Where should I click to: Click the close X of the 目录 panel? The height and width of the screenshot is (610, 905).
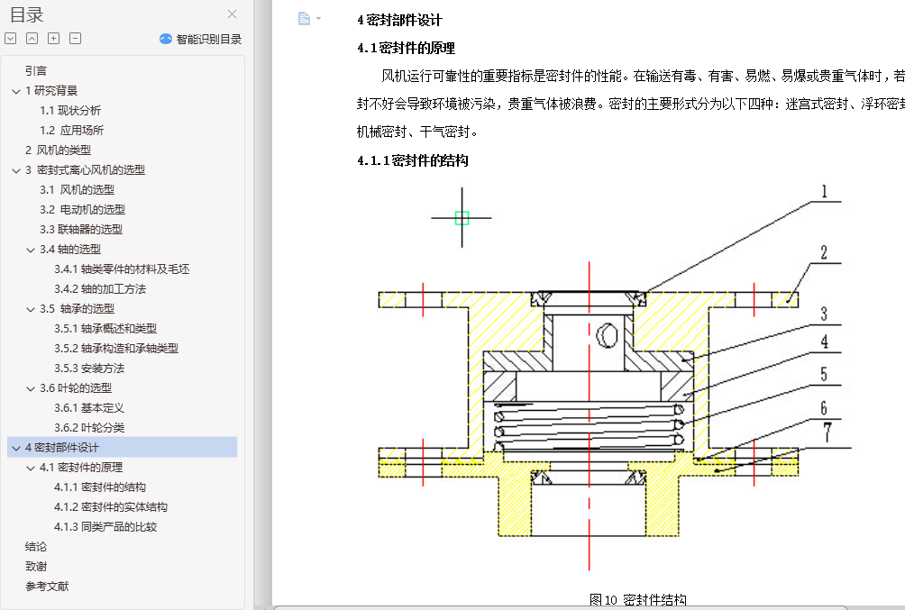233,14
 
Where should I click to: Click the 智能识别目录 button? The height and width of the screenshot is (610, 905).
201,39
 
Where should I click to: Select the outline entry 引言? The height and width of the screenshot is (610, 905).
36,70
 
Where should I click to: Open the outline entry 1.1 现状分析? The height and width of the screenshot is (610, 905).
70,110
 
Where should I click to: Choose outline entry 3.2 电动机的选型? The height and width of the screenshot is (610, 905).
82,209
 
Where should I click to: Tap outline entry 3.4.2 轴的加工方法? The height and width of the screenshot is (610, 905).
99,288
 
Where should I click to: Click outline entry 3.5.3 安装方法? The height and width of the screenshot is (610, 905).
89,368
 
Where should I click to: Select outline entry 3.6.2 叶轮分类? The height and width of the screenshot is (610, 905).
89,427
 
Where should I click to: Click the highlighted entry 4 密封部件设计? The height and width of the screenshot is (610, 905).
62,447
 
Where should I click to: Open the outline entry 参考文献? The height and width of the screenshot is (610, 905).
47,586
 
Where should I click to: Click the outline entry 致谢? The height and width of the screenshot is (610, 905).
36,566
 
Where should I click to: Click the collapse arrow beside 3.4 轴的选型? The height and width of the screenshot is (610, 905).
31,250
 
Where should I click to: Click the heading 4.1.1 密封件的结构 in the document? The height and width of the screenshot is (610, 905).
412,160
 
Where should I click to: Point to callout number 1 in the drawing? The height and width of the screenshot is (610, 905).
824,192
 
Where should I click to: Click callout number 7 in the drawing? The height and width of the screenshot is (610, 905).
826,430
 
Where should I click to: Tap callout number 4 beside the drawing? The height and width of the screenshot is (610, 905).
824,343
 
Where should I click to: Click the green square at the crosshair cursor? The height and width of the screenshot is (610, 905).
462,217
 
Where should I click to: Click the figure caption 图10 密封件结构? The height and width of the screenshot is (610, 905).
637,600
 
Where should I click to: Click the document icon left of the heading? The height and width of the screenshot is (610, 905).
304,19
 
